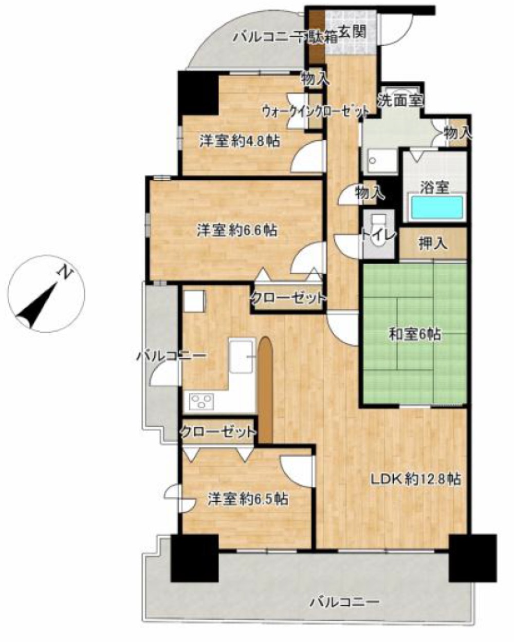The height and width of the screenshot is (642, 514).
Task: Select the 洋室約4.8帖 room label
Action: point(240,141)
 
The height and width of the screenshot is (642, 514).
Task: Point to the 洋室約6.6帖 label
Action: point(237,231)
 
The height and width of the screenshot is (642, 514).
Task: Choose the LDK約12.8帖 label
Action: point(415,479)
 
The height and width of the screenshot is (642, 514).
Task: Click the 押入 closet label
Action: point(433,244)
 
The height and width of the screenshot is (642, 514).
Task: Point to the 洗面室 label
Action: point(401,100)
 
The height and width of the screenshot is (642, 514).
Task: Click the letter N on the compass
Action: point(66,272)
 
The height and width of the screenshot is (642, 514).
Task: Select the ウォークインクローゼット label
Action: point(316,112)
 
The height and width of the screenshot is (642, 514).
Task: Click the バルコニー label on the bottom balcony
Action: point(344,593)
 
